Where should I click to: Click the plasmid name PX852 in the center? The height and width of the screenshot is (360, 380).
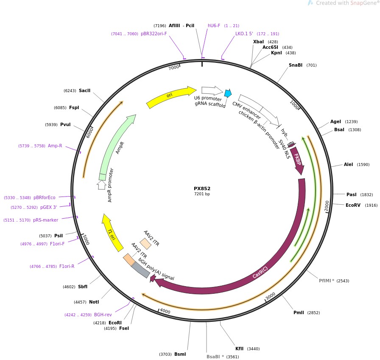coord(202,188)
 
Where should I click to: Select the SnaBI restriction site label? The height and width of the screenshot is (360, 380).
coord(296,65)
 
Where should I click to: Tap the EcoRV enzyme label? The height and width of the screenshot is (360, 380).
coord(353,205)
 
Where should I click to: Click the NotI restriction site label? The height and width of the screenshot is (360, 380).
coord(94,302)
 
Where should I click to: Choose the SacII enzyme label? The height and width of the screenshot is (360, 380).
coord(84,90)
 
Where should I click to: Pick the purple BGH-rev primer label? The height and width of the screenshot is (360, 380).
coord(103,315)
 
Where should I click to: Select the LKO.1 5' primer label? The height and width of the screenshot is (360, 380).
coord(244,34)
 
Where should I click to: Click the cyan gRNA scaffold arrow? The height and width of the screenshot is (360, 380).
coord(228,93)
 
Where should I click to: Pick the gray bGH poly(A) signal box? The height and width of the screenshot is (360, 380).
coord(141,270)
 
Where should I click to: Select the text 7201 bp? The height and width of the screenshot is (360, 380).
coord(202,194)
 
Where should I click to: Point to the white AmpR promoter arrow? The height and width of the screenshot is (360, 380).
coord(101,185)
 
